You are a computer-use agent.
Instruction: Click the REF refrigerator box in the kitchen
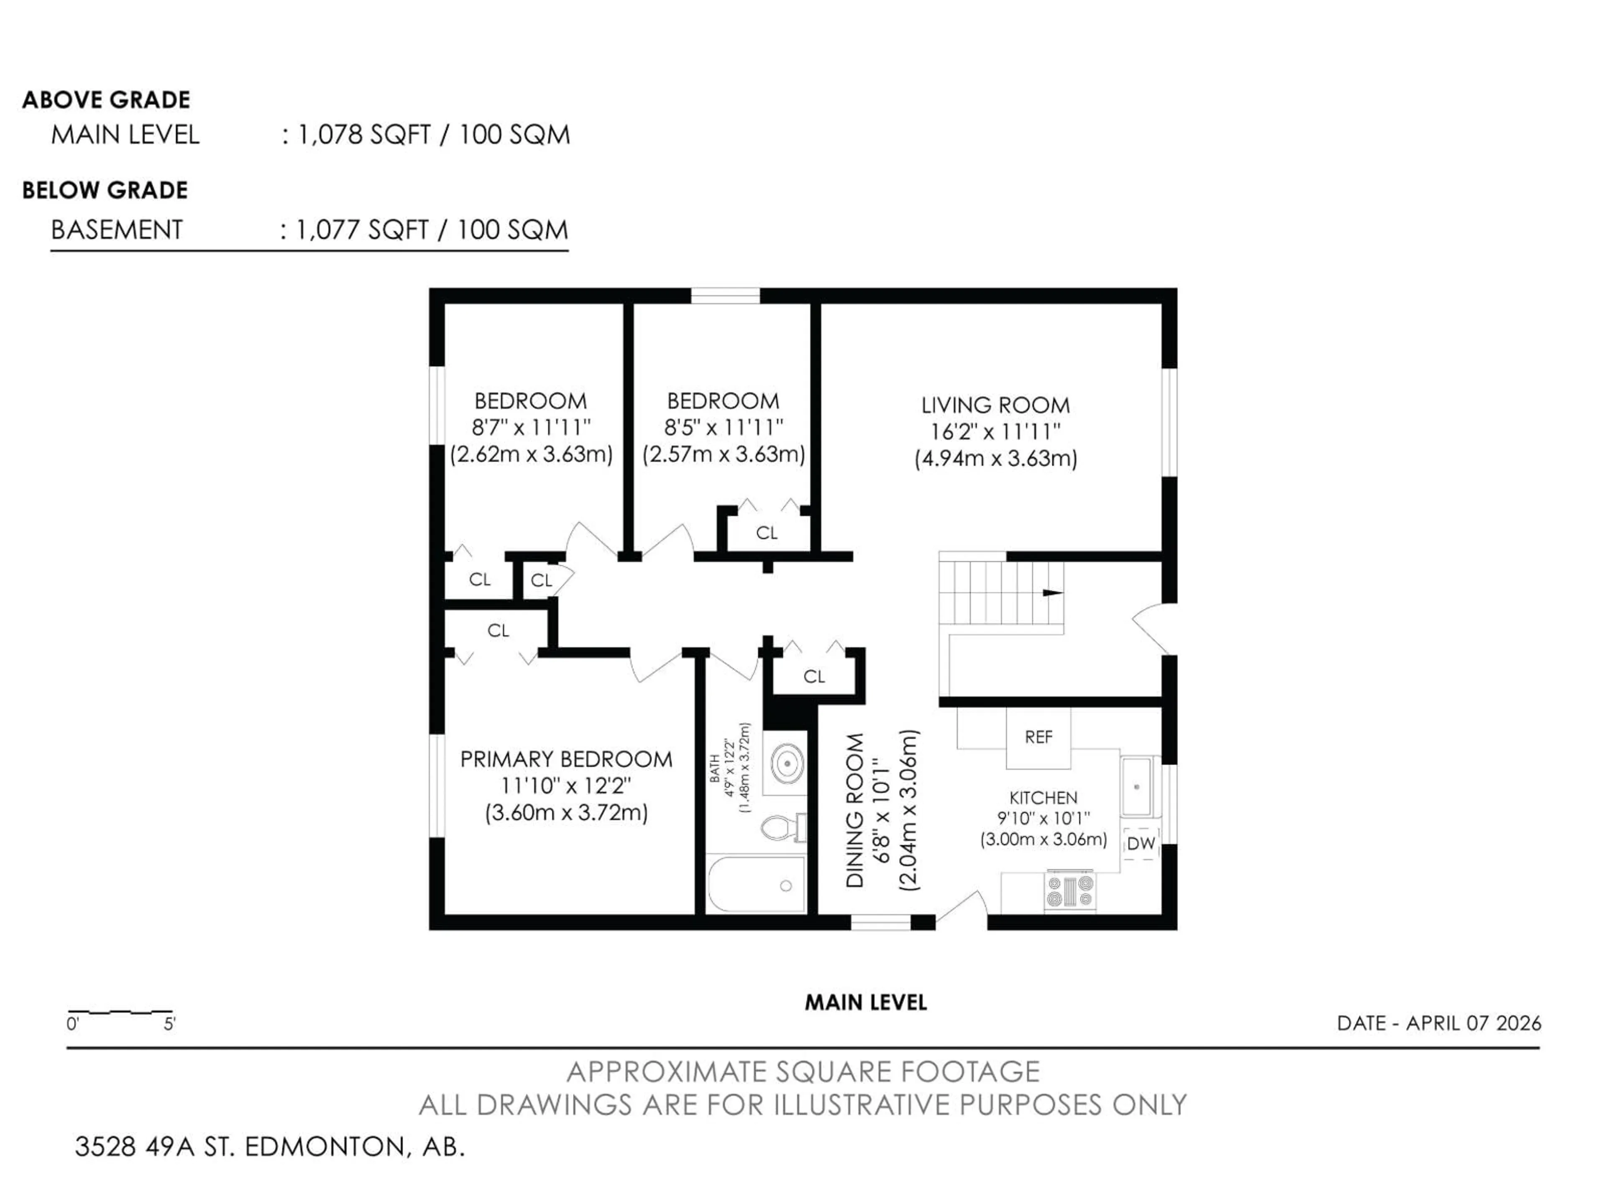click(1038, 737)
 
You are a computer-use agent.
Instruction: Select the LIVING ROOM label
click(995, 405)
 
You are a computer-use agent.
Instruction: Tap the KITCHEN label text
click(1043, 798)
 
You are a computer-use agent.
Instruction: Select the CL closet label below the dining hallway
click(814, 676)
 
